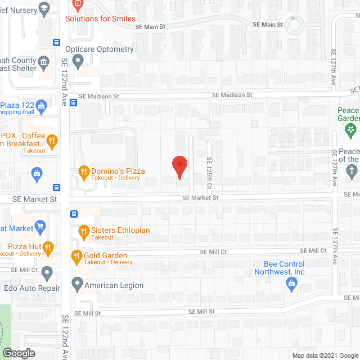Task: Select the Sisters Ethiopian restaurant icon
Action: click(x=83, y=231)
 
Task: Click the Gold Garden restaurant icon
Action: click(x=77, y=257)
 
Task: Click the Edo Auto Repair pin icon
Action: click(x=47, y=273)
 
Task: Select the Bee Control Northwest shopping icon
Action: click(x=291, y=284)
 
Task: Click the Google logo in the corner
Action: click(x=18, y=353)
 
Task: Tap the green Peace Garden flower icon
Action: click(x=351, y=130)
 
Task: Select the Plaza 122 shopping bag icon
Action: click(x=41, y=105)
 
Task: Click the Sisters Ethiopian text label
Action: click(x=120, y=231)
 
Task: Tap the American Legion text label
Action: click(x=114, y=285)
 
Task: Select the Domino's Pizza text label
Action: click(x=119, y=171)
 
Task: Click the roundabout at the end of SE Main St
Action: click(x=295, y=24)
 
